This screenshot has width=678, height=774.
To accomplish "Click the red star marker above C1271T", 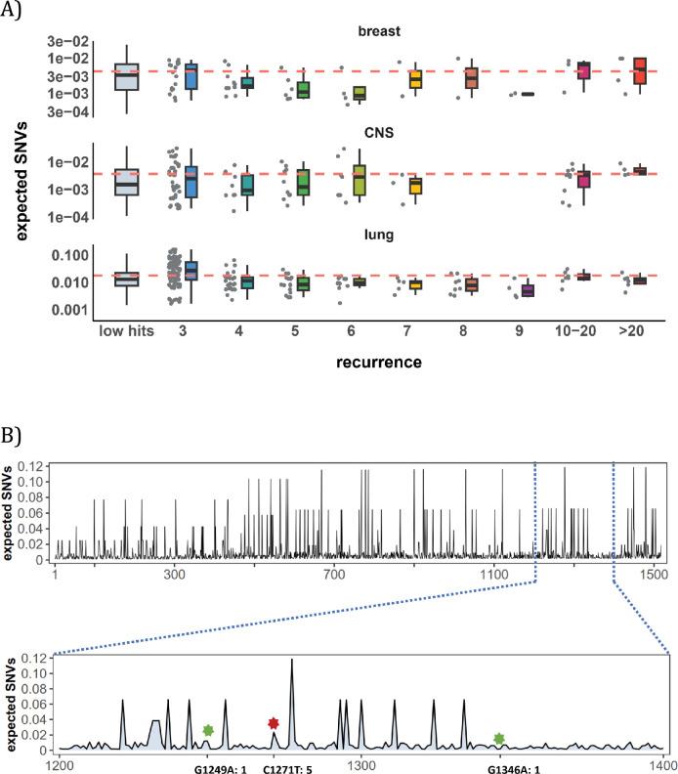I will (x=274, y=723).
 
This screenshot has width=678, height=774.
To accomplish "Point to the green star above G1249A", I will (x=207, y=730).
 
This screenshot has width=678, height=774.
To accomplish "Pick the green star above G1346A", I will (x=499, y=739).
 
